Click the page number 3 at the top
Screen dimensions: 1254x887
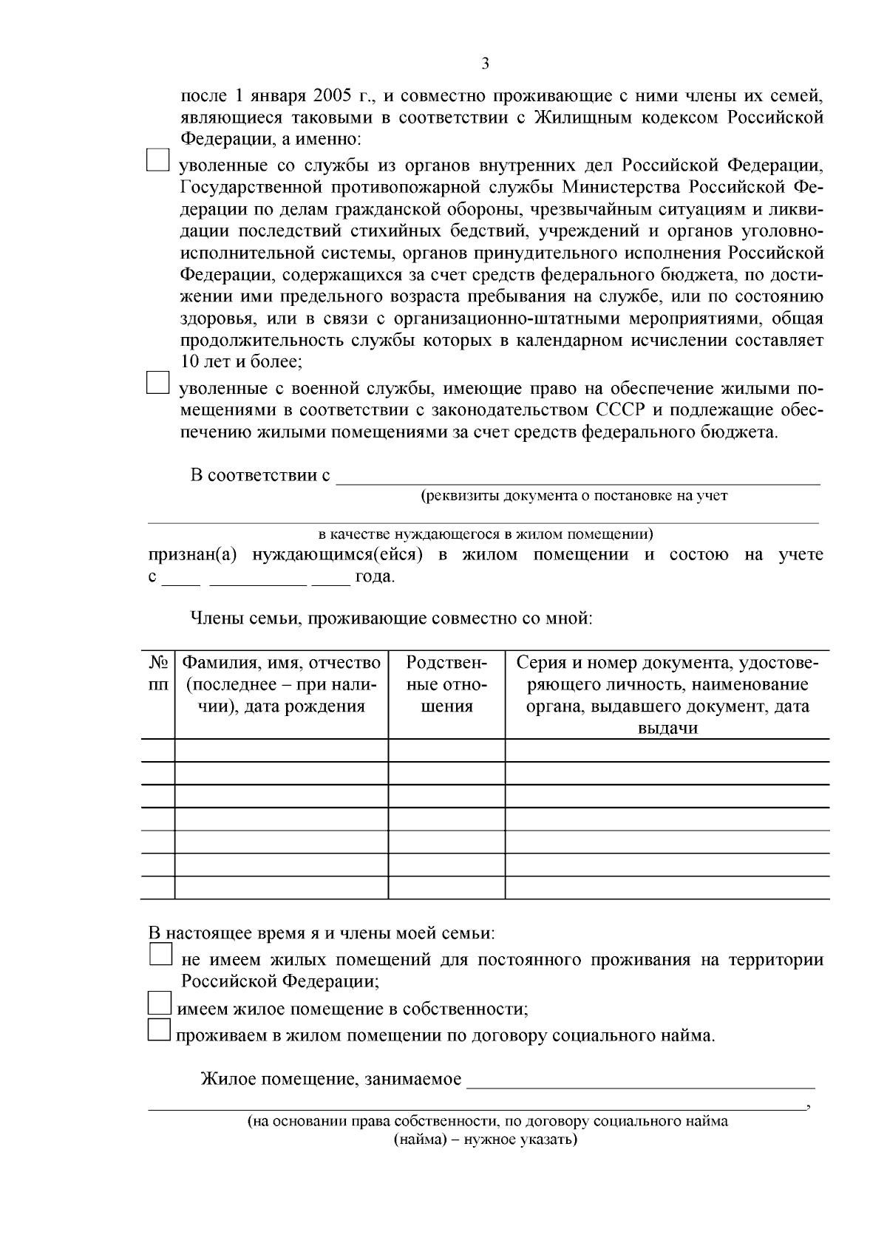click(x=485, y=64)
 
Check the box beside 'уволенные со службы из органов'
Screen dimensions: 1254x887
click(x=157, y=160)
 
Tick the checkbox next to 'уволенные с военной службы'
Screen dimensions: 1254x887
click(x=157, y=383)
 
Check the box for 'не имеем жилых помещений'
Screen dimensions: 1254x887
click(x=160, y=954)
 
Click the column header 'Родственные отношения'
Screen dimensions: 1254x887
click(x=446, y=684)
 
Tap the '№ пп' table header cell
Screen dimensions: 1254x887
click(x=157, y=673)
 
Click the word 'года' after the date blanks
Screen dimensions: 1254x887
click(x=375, y=577)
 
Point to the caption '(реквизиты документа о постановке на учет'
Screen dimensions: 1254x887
click(x=574, y=496)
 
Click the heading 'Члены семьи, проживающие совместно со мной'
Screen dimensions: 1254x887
click(x=392, y=618)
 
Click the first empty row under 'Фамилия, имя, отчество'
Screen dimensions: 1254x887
click(x=282, y=750)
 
